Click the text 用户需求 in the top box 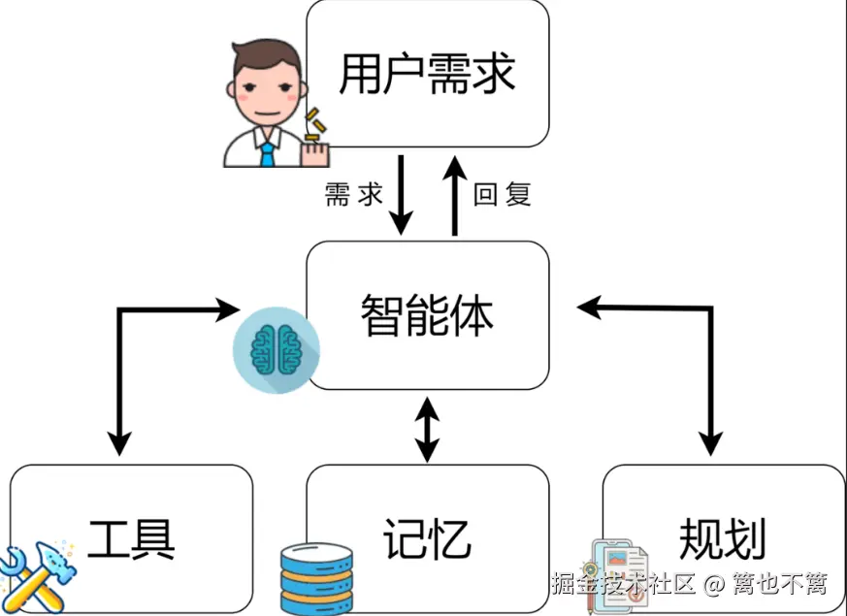(427, 75)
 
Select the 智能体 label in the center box (427, 315)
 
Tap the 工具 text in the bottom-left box (131, 539)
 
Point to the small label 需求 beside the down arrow (354, 195)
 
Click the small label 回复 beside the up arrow (503, 195)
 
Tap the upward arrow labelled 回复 (453, 194)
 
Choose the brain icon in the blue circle (276, 350)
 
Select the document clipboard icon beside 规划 (619, 577)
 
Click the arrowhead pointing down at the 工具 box (118, 444)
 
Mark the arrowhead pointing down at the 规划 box (711, 444)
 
